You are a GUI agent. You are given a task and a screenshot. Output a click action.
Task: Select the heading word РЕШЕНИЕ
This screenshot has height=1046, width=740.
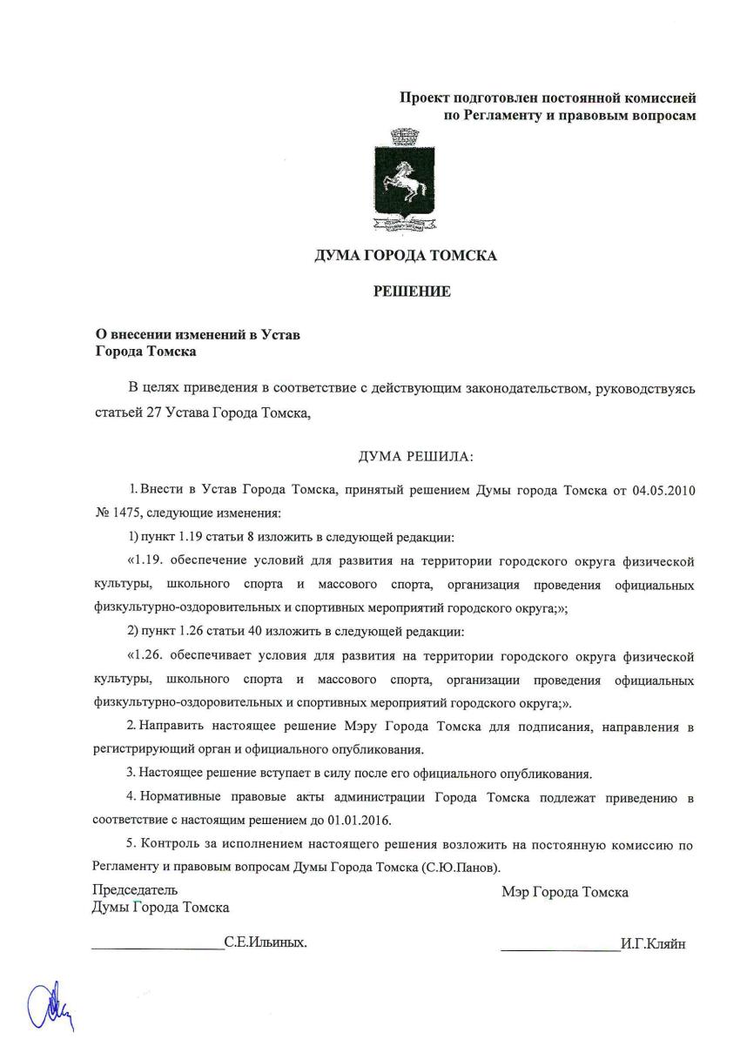pyautogui.click(x=412, y=292)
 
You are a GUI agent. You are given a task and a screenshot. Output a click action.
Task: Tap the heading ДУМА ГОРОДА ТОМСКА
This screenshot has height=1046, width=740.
pyautogui.click(x=406, y=256)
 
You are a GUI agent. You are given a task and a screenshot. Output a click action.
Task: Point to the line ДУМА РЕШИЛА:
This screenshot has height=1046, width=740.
pyautogui.click(x=415, y=456)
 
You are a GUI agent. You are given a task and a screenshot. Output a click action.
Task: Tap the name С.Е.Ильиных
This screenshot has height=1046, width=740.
pyautogui.click(x=266, y=942)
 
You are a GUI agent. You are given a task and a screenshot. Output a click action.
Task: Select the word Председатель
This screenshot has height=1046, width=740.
pyautogui.click(x=135, y=890)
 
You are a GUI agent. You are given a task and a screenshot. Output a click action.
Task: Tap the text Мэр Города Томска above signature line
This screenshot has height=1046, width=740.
pyautogui.click(x=565, y=892)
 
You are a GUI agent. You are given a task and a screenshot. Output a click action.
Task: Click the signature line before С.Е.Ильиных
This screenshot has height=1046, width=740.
pyautogui.click(x=157, y=947)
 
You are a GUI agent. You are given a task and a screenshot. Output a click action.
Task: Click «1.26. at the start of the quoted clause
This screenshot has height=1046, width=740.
pyautogui.click(x=148, y=655)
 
